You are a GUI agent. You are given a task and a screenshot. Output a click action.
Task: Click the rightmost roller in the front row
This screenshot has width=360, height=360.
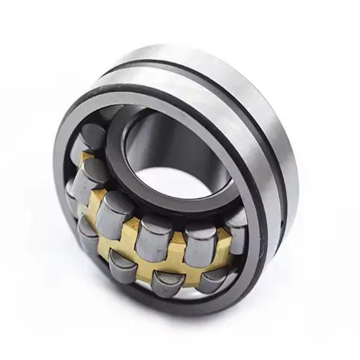pyautogui.click(x=213, y=278)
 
